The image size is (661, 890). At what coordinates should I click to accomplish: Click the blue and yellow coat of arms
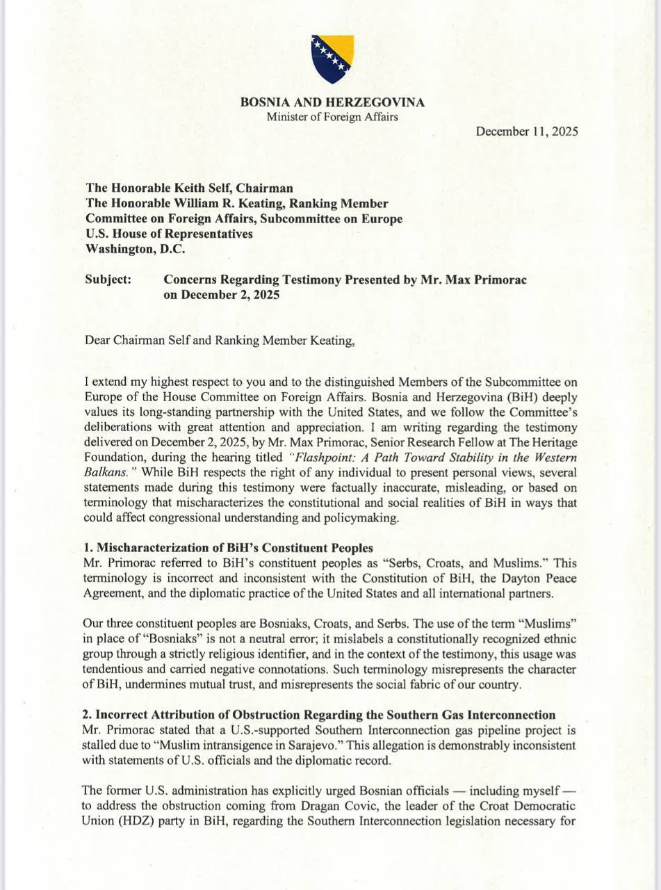332,58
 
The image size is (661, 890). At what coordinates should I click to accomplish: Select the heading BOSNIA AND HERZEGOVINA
332,102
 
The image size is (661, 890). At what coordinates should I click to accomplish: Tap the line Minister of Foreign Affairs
332,117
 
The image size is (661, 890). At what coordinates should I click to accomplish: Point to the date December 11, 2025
527,131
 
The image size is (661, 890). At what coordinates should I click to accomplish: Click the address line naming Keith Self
189,188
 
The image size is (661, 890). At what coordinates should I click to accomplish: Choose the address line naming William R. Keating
236,203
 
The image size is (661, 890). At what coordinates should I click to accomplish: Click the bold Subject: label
108,280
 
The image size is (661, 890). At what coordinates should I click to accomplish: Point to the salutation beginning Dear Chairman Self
219,341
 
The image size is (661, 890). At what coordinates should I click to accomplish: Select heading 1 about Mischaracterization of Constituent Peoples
227,548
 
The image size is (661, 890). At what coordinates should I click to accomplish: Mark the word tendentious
122,670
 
